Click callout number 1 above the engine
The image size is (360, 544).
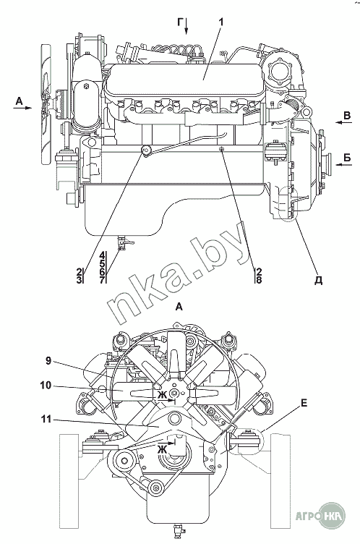(x=220, y=22)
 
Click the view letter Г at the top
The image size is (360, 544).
(x=181, y=22)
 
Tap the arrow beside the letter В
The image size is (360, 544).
(x=343, y=123)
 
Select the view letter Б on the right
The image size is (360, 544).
(x=347, y=158)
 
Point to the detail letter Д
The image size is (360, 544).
(x=318, y=281)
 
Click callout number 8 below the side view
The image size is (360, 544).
(x=259, y=280)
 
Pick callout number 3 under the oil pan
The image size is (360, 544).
(x=80, y=280)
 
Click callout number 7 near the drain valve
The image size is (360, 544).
(x=102, y=280)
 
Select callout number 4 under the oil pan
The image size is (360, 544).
(x=102, y=255)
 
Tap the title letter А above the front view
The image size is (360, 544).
(x=179, y=307)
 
